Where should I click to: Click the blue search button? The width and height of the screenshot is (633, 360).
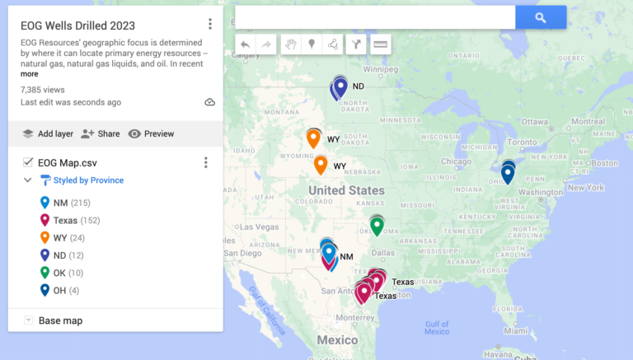[x=541, y=17]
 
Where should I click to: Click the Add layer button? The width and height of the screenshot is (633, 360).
[x=48, y=133]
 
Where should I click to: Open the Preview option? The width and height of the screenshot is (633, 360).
[x=151, y=133]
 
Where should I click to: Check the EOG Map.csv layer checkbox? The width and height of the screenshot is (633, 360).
[x=28, y=162]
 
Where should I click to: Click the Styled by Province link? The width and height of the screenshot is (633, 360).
[x=88, y=180]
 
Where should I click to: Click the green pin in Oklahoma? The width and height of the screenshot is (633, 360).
[x=377, y=224]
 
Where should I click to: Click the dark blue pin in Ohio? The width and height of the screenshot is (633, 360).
[x=508, y=173]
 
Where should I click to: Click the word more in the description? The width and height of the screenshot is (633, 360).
[x=30, y=74]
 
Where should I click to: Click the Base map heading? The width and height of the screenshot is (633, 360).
[x=60, y=320]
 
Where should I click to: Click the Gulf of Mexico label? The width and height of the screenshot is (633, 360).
[x=437, y=327]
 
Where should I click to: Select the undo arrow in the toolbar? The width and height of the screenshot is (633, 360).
[x=245, y=44]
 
